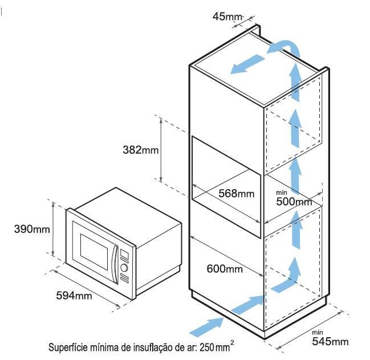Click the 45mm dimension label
(x=227, y=17)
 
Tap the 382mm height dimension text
(x=141, y=150)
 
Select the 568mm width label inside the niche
(x=236, y=194)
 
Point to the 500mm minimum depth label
(x=294, y=202)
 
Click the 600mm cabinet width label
(x=225, y=269)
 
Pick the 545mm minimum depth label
(x=330, y=341)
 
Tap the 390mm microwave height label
(x=32, y=229)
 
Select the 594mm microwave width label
(x=74, y=296)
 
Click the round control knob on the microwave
(x=124, y=268)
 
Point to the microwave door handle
(x=115, y=264)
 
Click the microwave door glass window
(x=94, y=252)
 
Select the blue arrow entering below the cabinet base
(x=207, y=327)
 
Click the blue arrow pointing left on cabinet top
(x=247, y=64)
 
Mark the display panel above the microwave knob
(x=124, y=254)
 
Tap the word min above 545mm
(x=318, y=333)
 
